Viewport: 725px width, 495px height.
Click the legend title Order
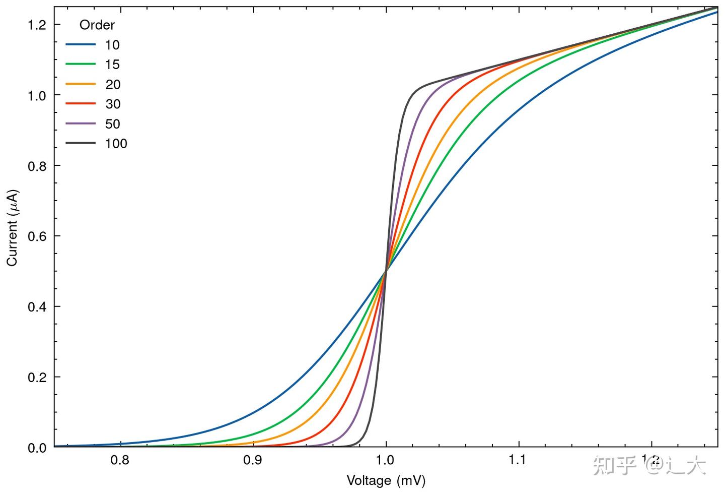[97, 25]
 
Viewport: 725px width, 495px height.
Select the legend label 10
[112, 45]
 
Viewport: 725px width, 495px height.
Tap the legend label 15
[112, 65]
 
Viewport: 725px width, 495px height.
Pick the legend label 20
[113, 84]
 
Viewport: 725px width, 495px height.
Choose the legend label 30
[113, 104]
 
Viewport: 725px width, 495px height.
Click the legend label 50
[113, 124]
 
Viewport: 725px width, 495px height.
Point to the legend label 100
[116, 144]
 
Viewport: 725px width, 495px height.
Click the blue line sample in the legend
[81, 45]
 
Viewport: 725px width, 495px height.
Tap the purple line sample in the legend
[81, 124]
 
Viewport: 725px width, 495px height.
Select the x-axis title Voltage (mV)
[386, 480]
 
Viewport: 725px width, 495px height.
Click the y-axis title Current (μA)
[13, 228]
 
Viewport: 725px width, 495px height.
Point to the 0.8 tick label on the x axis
[120, 460]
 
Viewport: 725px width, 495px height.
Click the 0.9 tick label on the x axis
[253, 460]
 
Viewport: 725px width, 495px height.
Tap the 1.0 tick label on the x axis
[386, 460]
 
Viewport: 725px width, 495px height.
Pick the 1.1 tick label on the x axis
[518, 460]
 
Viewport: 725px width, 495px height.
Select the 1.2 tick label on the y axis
[37, 25]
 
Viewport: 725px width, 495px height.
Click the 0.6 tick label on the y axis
[37, 236]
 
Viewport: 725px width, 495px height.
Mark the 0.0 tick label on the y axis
[37, 448]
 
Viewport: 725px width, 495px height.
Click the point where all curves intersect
[386, 271]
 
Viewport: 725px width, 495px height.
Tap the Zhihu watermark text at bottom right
[649, 465]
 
